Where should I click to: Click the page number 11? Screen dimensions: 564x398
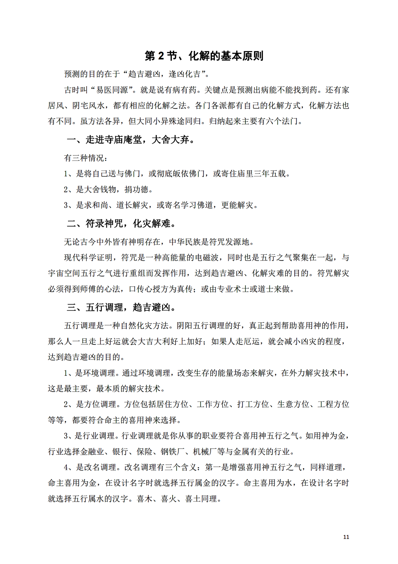click(x=346, y=537)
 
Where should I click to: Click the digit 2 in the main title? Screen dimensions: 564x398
click(x=161, y=56)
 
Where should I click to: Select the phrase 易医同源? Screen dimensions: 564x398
click(x=112, y=90)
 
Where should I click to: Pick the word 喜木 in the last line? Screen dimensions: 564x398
click(x=144, y=499)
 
